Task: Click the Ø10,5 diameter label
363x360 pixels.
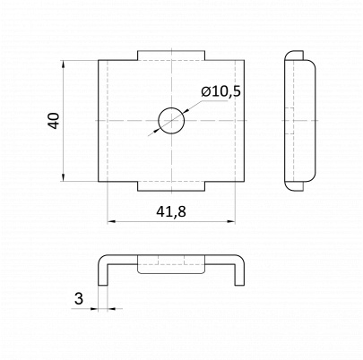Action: (220, 92)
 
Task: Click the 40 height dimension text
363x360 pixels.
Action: (54, 121)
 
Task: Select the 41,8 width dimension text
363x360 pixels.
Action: (171, 211)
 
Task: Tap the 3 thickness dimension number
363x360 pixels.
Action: (79, 298)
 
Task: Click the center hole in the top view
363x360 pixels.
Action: (171, 121)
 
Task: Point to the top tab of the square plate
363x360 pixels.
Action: (171, 56)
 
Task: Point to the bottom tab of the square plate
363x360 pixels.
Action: (171, 186)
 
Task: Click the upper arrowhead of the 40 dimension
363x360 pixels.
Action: (63, 64)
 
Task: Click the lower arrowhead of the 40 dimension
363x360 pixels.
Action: (63, 177)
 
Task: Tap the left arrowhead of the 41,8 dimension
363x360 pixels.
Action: (111, 221)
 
